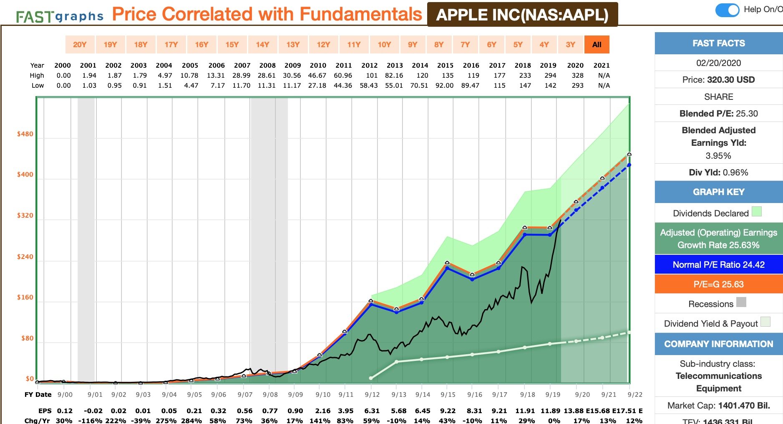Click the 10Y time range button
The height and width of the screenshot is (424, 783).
tap(384, 45)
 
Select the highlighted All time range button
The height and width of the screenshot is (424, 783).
tap(597, 45)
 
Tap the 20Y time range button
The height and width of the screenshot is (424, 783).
tap(80, 45)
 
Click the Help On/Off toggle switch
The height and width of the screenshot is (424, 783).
tap(728, 10)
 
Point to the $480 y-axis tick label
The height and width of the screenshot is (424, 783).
tap(25, 134)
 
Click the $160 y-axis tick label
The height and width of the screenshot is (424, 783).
tap(25, 297)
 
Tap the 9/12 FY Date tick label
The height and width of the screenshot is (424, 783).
tap(372, 395)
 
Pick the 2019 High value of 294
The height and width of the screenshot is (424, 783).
tap(550, 76)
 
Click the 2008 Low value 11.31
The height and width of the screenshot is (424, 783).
tap(267, 86)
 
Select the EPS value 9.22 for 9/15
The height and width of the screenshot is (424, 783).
tap(448, 411)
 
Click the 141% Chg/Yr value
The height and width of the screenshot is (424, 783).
tap(320, 421)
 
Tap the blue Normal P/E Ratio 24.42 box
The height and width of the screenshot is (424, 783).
tap(718, 265)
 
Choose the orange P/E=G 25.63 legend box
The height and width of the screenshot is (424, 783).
tap(718, 284)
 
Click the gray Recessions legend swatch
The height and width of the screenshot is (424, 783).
tap(741, 302)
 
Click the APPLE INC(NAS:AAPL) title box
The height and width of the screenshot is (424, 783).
tap(522, 15)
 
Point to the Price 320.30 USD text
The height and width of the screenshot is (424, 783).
tap(718, 80)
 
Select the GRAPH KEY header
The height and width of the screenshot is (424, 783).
tap(718, 192)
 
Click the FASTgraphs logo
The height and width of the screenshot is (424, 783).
tap(60, 17)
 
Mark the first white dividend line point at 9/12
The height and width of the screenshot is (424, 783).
tap(371, 378)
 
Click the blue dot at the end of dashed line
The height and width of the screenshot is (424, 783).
tap(629, 165)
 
